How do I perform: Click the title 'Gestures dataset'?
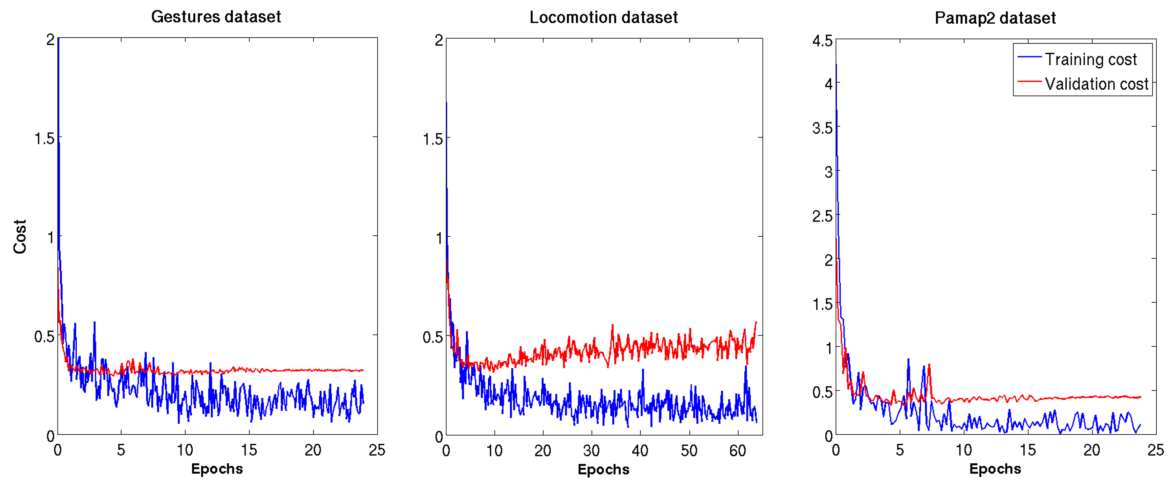[x=216, y=17]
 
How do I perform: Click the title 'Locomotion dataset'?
[x=603, y=18]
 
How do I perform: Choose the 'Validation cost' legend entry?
[x=1096, y=84]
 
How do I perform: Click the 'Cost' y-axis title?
[x=20, y=237]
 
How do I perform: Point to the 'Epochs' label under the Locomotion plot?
[x=603, y=469]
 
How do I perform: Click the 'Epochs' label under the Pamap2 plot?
[x=995, y=469]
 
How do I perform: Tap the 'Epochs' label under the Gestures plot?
[x=217, y=469]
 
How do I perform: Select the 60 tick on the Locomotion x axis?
[x=738, y=451]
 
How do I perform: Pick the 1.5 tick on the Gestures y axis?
[x=44, y=139]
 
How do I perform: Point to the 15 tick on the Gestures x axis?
[x=249, y=450]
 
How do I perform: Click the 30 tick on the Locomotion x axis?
[x=591, y=451]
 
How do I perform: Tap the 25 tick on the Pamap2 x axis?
[x=1155, y=450]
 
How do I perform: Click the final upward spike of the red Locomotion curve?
[x=756, y=322]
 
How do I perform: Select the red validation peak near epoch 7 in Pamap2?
[x=929, y=365]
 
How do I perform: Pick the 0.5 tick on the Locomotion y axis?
[x=432, y=337]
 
